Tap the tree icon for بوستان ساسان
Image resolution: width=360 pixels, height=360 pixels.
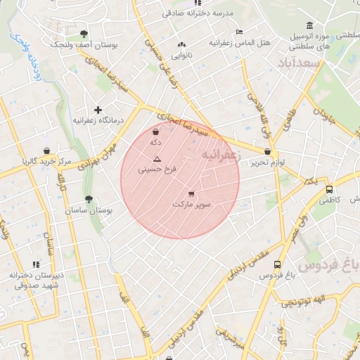point(88,200)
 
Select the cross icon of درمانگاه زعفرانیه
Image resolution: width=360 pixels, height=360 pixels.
point(98,109)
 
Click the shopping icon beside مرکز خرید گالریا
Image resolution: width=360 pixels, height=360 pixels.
point(46,150)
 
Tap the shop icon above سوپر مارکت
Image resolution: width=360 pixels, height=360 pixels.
point(191,193)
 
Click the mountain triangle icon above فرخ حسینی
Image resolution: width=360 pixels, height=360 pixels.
point(157,158)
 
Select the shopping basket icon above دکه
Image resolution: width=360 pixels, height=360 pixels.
point(155,131)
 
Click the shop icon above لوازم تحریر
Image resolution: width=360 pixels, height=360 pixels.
point(267,152)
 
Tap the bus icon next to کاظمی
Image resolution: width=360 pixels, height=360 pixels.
point(329,189)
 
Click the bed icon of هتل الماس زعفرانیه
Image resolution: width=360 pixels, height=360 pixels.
point(239,32)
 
